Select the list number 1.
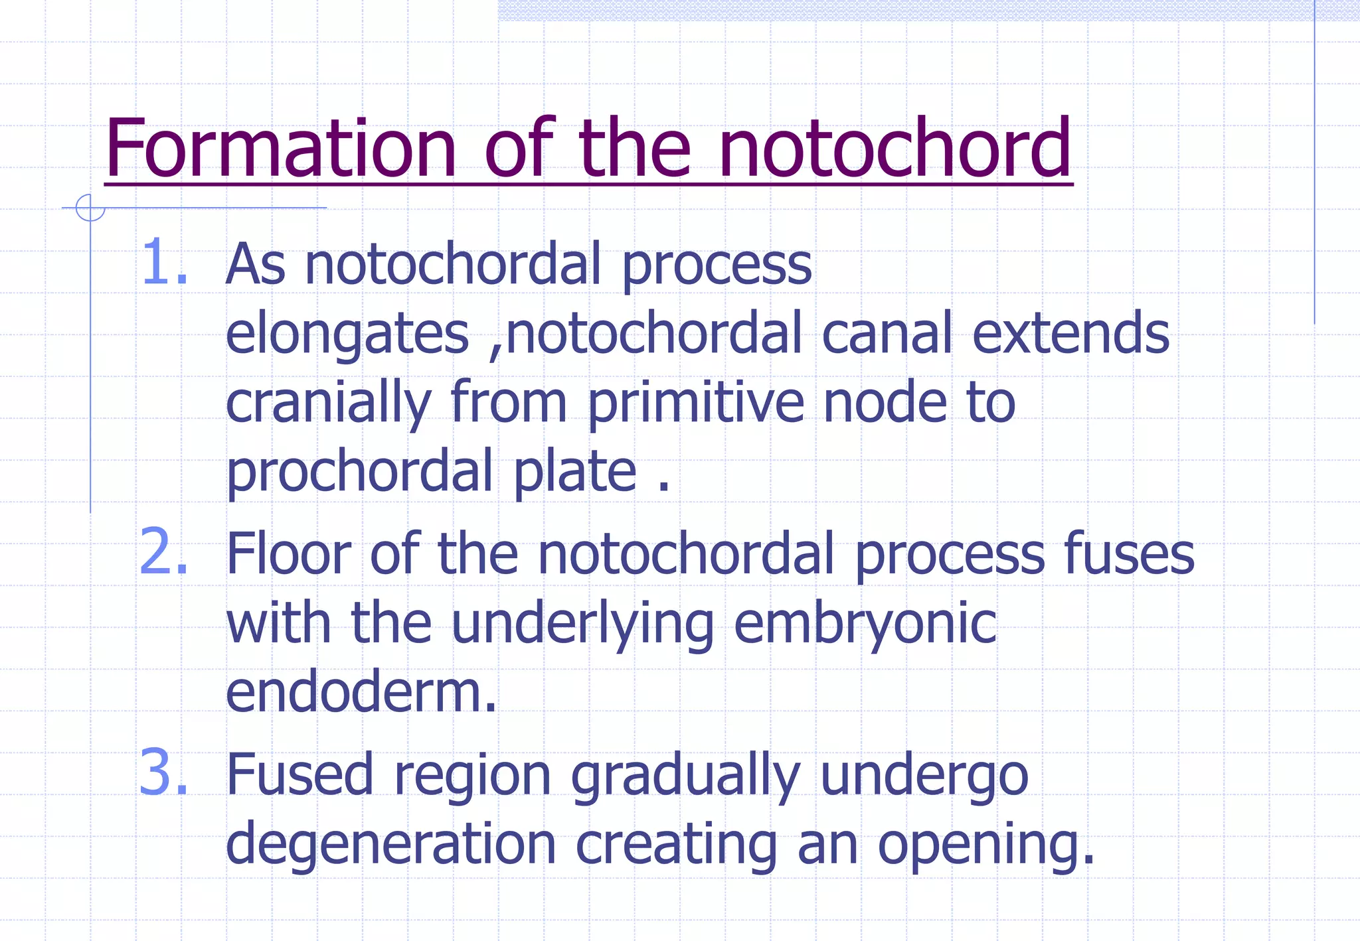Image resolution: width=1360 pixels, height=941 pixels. click(x=163, y=263)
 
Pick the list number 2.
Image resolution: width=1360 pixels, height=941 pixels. click(x=163, y=552)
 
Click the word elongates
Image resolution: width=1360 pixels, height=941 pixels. click(x=347, y=334)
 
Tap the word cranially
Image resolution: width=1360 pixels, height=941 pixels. click(x=329, y=403)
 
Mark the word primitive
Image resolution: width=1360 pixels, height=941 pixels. click(x=696, y=403)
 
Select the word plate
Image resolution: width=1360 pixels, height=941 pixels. click(x=575, y=472)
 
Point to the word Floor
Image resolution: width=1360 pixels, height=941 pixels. click(x=288, y=553)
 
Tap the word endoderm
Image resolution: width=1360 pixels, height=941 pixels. click(x=361, y=692)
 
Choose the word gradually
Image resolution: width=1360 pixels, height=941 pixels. click(x=685, y=776)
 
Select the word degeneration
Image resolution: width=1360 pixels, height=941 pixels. click(x=390, y=845)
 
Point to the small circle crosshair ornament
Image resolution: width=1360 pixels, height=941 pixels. click(x=90, y=208)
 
